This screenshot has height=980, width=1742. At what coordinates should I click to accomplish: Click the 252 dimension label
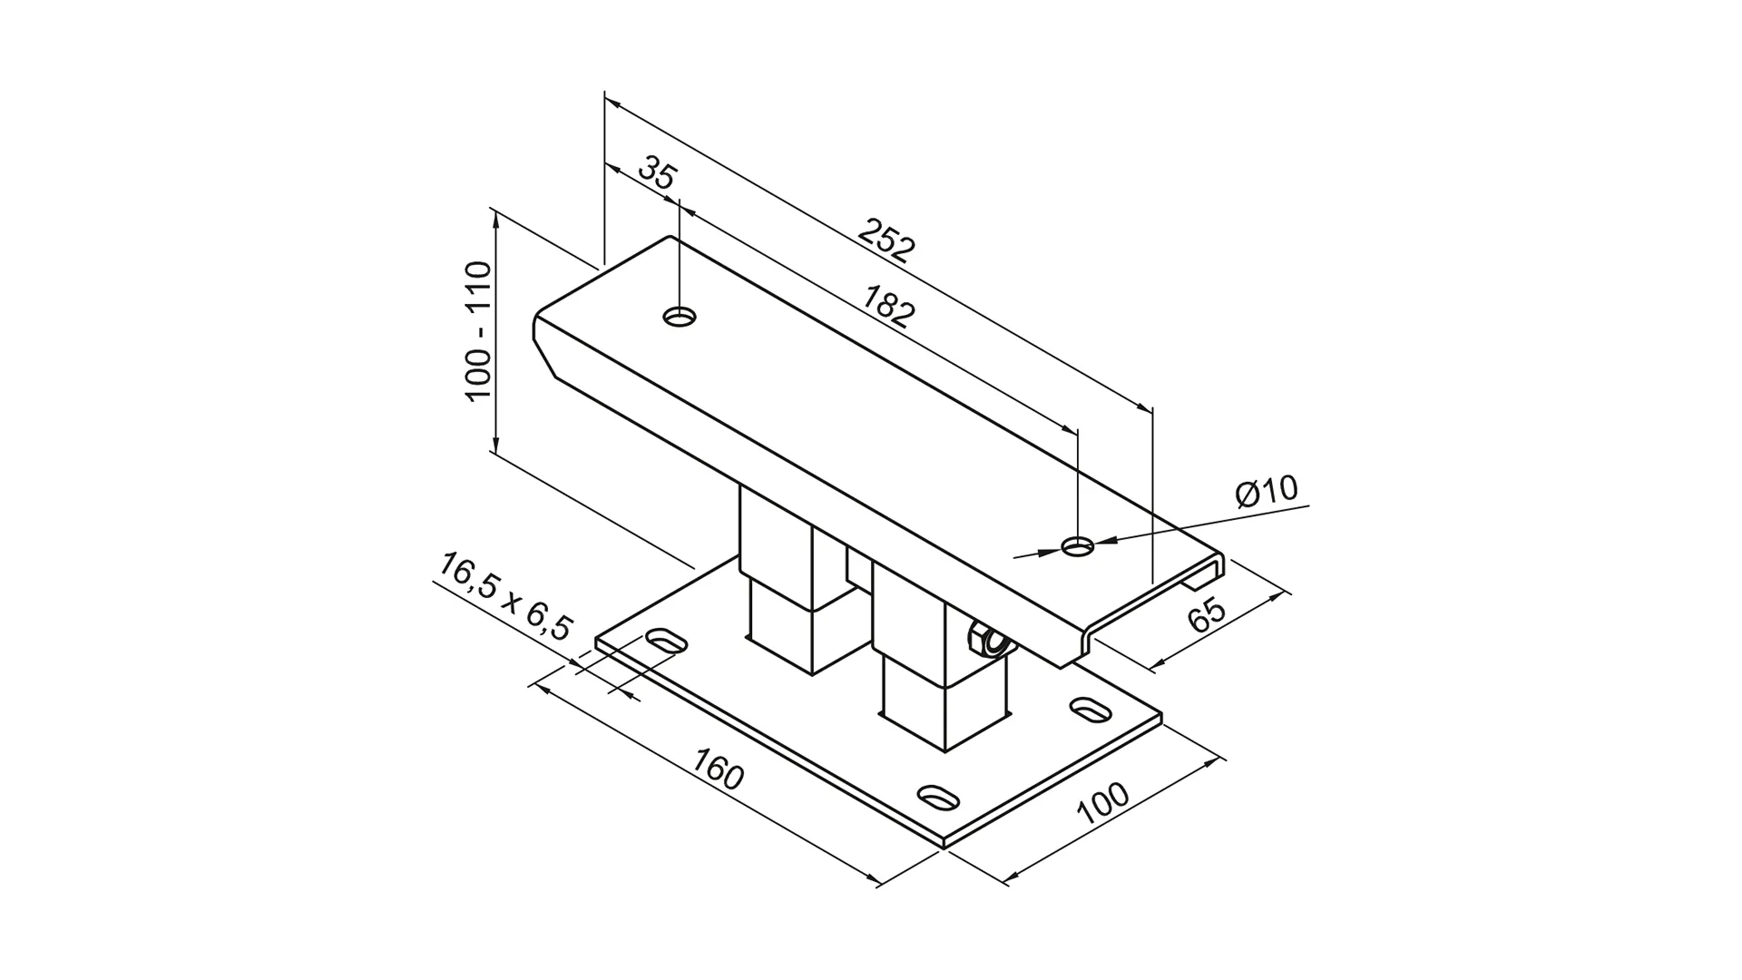887,241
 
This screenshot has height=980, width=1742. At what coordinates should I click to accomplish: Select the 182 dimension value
888,306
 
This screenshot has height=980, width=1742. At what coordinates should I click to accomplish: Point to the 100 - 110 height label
478,330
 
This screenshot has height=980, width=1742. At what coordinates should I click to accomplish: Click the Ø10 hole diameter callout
1267,492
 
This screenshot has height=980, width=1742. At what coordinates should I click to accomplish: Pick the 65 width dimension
1207,615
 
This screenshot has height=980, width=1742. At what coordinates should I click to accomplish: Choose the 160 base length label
718,769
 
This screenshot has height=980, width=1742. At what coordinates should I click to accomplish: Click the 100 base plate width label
1103,803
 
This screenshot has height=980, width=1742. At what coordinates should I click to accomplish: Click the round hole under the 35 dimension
680,317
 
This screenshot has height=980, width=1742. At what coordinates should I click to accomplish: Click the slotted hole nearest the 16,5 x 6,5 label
667,641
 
